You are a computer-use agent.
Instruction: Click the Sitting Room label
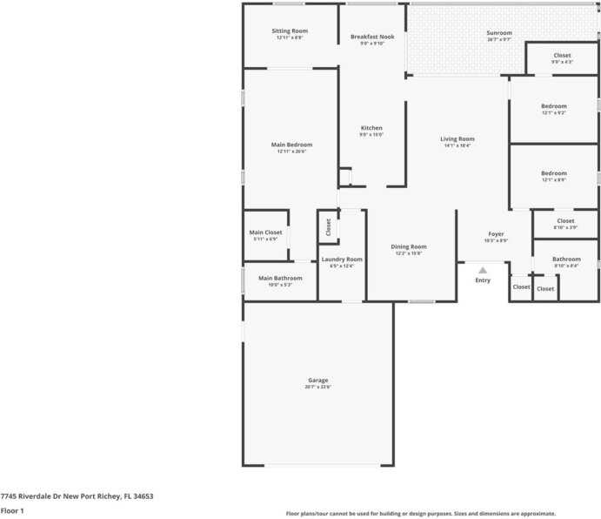pyautogui.click(x=290, y=31)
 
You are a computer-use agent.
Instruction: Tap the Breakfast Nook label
pyautogui.click(x=372, y=37)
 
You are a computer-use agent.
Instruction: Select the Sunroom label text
pyautogui.click(x=499, y=33)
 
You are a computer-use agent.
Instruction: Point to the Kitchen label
pyautogui.click(x=371, y=128)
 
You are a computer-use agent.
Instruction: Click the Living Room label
pyautogui.click(x=457, y=139)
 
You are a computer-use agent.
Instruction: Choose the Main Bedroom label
pyautogui.click(x=291, y=145)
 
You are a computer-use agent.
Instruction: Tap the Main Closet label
pyautogui.click(x=265, y=233)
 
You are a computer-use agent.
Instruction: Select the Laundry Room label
pyautogui.click(x=342, y=259)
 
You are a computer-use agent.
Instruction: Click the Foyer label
pyautogui.click(x=496, y=234)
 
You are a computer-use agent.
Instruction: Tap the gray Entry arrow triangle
pyautogui.click(x=483, y=271)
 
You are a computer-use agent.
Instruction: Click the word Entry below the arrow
pyautogui.click(x=483, y=280)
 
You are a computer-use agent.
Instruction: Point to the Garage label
pyautogui.click(x=317, y=381)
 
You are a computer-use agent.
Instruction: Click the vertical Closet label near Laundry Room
pyautogui.click(x=329, y=227)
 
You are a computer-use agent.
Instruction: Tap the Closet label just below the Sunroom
pyautogui.click(x=562, y=56)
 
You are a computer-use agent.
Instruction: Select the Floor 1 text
pyautogui.click(x=12, y=511)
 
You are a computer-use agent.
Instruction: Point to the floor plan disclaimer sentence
pyautogui.click(x=421, y=514)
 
